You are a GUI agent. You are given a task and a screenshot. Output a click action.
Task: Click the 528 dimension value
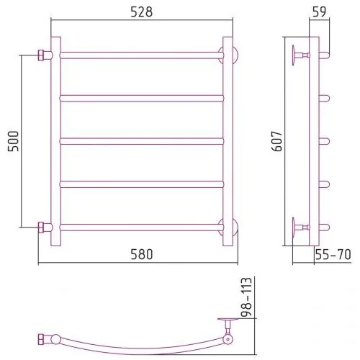pyautogui.click(x=142, y=12)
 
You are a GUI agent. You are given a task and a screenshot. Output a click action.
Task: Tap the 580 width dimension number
pyautogui.click(x=142, y=254)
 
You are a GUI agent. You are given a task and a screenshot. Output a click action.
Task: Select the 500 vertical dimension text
pyautogui.click(x=13, y=141)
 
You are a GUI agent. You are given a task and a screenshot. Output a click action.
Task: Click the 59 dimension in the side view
pyautogui.click(x=320, y=12)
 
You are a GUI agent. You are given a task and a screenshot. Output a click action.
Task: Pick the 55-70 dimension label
pyautogui.click(x=333, y=254)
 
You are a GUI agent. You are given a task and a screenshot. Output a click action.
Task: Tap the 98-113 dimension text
pyautogui.click(x=246, y=297)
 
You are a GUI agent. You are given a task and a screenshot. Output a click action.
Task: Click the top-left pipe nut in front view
pyautogui.click(x=41, y=55)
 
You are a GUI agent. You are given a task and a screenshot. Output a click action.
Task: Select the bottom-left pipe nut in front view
pyautogui.click(x=41, y=228)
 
